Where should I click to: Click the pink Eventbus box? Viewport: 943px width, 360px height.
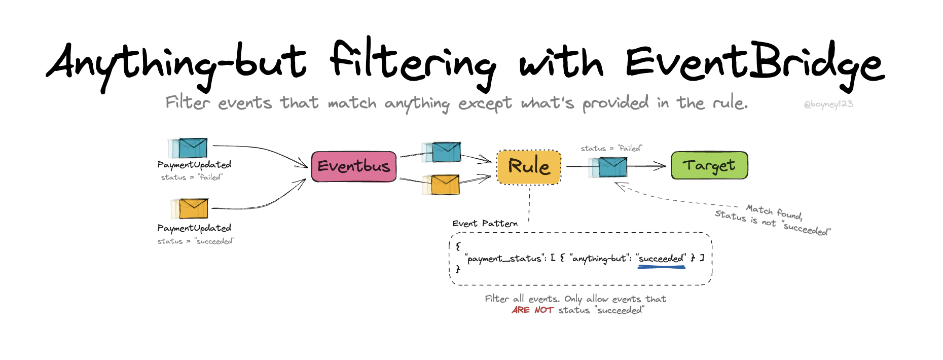pyautogui.click(x=354, y=166)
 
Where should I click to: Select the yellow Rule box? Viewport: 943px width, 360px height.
pyautogui.click(x=529, y=167)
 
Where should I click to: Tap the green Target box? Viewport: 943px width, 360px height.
pyautogui.click(x=709, y=165)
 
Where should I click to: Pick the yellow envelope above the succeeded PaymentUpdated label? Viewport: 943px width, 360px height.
pyautogui.click(x=190, y=208)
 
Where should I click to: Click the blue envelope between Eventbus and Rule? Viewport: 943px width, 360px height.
pyautogui.click(x=442, y=152)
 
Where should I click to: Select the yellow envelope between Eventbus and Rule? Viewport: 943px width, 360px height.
pyautogui.click(x=442, y=185)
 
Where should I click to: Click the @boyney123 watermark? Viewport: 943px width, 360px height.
pyautogui.click(x=828, y=104)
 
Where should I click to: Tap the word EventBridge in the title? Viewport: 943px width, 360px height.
pyautogui.click(x=755, y=65)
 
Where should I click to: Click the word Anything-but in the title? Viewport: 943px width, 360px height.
pyautogui.click(x=176, y=64)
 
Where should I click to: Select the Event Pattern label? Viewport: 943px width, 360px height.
pyautogui.click(x=485, y=223)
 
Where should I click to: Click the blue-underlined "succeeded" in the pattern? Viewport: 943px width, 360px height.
pyautogui.click(x=661, y=259)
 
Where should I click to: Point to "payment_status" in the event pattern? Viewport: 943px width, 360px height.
pyautogui.click(x=504, y=259)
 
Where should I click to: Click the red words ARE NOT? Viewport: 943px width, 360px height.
pyautogui.click(x=532, y=310)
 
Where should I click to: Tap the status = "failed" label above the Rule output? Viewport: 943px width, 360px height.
pyautogui.click(x=611, y=148)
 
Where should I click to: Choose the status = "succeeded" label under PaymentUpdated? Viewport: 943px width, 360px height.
pyautogui.click(x=196, y=241)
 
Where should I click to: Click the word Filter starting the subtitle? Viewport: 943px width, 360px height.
pyautogui.click(x=188, y=102)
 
